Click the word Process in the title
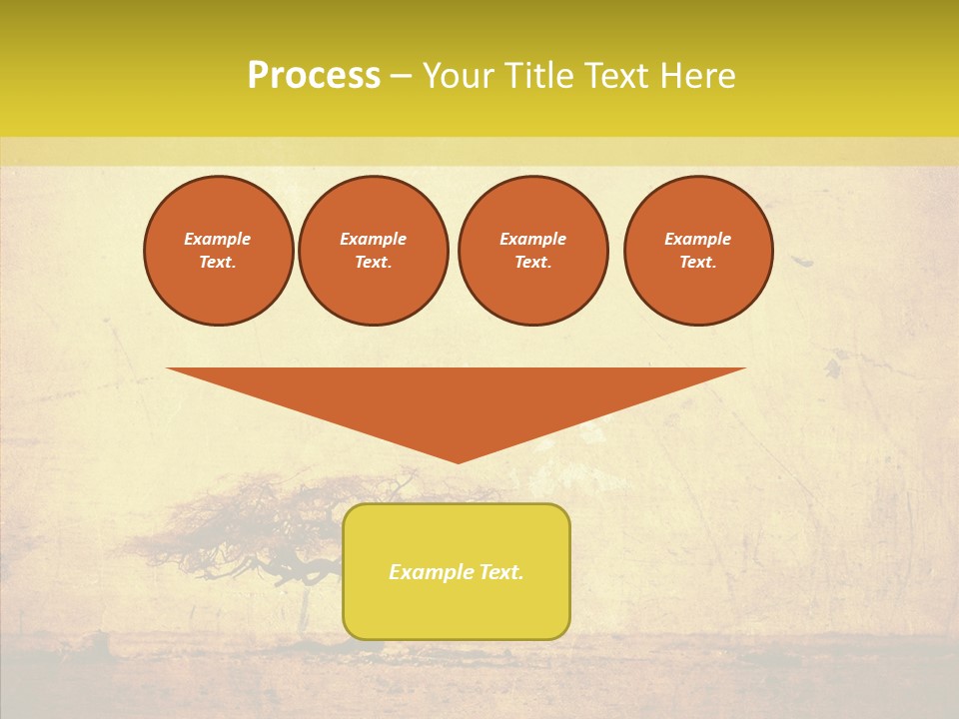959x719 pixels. tap(314, 76)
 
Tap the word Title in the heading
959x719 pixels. tap(539, 76)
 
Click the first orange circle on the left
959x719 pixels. tap(219, 251)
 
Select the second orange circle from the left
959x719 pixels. tap(374, 251)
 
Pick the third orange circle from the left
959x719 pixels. tap(533, 251)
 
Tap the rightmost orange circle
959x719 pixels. tap(698, 251)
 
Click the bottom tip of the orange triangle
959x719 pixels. tap(458, 460)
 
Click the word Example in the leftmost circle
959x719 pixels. tap(218, 239)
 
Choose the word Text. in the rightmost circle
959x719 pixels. tap(698, 262)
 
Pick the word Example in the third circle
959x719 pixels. tap(533, 239)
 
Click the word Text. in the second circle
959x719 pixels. tap(374, 262)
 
